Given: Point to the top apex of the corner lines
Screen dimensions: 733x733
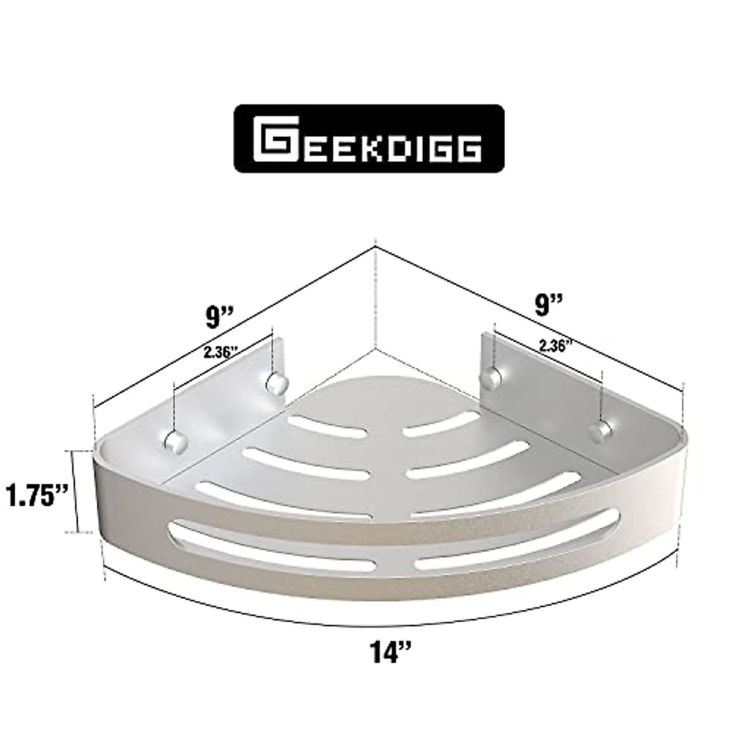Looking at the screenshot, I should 373,247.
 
